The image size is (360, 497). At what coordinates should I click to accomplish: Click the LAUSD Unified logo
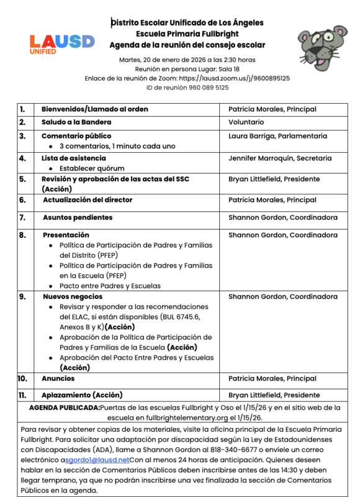point(62,43)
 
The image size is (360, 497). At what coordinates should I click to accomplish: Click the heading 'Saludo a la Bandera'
point(76,122)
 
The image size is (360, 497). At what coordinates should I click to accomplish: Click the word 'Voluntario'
point(246,122)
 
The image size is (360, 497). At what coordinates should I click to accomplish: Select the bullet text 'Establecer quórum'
point(92,168)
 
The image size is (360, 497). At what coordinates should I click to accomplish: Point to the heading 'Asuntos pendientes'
point(78,217)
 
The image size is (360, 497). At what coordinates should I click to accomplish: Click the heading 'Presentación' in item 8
point(66,235)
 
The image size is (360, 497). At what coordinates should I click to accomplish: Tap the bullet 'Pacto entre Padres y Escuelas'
point(110,286)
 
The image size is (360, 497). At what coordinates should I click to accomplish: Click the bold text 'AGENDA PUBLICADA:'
point(65,408)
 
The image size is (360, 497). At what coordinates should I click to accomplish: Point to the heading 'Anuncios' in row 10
point(58,378)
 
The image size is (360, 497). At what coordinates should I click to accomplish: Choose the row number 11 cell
point(22,395)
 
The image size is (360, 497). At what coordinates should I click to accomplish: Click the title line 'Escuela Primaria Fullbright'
point(187,34)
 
